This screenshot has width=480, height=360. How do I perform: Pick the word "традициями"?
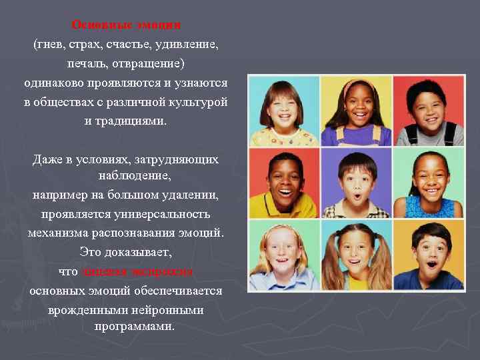point(132,121)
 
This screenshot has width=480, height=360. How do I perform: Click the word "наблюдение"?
point(134,176)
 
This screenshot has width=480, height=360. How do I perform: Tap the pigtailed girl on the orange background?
point(355,256)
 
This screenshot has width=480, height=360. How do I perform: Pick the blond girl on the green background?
point(283,256)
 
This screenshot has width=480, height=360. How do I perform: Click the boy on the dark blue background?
point(428,256)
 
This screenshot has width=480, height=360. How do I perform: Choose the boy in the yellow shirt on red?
point(283,183)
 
